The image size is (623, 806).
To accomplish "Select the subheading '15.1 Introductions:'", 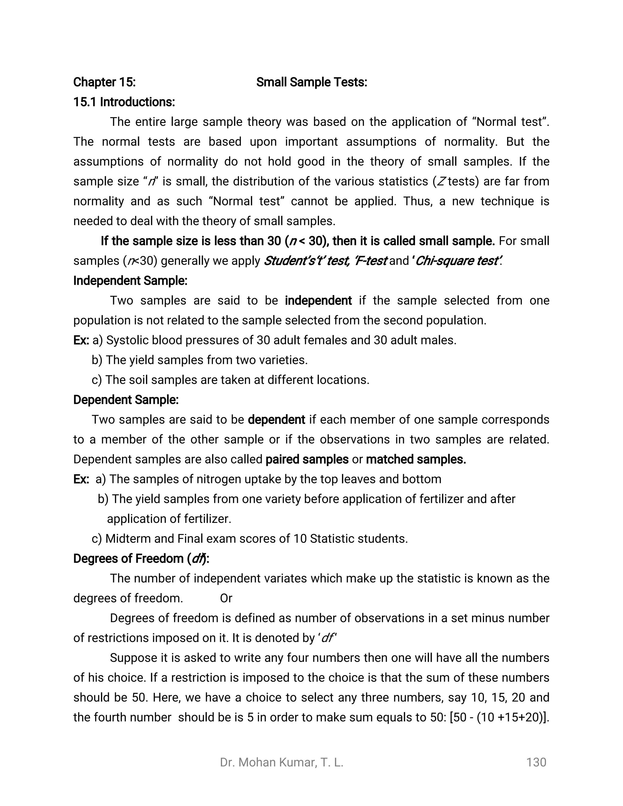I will [124, 102].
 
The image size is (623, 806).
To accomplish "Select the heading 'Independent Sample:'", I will [130, 281].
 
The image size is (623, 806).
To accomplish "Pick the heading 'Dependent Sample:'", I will [126, 400].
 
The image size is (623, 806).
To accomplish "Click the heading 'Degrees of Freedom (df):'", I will [141, 559].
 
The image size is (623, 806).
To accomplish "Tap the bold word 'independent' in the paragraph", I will [318, 301].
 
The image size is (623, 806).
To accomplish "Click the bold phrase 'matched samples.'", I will [416, 460].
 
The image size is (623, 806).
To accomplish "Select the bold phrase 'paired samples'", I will [307, 460].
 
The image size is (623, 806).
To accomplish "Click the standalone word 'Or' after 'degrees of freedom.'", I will [226, 598].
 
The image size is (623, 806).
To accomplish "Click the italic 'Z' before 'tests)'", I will [441, 182].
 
